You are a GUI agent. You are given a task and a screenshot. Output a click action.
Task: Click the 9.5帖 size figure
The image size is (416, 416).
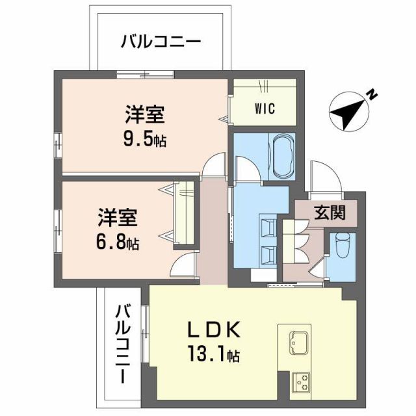coord(144,138)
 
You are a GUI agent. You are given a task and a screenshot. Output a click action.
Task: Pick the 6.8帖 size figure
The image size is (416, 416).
coord(118,243)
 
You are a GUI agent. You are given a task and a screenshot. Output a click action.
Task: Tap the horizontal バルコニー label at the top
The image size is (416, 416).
coord(161,43)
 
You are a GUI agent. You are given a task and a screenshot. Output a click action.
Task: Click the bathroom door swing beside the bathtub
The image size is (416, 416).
coord(248,170)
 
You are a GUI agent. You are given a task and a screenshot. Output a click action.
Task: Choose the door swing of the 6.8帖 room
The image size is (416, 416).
coord(183,266)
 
